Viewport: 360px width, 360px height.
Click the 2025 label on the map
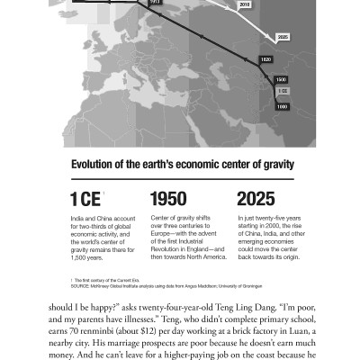click(x=283, y=37)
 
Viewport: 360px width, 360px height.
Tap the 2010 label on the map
click(x=245, y=5)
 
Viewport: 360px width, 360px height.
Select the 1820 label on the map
click(x=265, y=58)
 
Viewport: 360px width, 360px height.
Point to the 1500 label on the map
click(x=282, y=79)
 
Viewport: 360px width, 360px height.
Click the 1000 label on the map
click(x=283, y=106)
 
